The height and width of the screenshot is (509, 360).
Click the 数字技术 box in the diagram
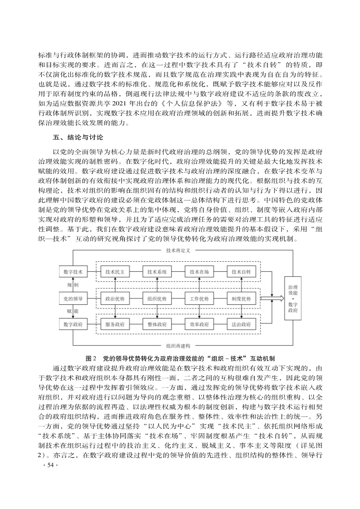pyautogui.click(x=73, y=272)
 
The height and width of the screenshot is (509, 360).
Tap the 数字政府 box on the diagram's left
pyautogui.click(x=73, y=324)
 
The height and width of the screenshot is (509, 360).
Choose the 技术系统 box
pyautogui.click(x=157, y=272)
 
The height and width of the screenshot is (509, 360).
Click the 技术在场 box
pyautogui.click(x=199, y=272)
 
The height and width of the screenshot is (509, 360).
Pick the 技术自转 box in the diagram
pyautogui.click(x=241, y=272)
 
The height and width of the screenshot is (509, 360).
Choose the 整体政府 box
pyautogui.click(x=157, y=325)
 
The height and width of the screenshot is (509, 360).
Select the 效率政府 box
pyautogui.click(x=199, y=325)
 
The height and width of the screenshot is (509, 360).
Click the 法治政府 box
pyautogui.click(x=241, y=325)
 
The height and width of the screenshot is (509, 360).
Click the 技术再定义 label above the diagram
pyautogui.click(x=178, y=250)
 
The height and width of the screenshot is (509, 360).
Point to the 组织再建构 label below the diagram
pyautogui.click(x=178, y=345)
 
